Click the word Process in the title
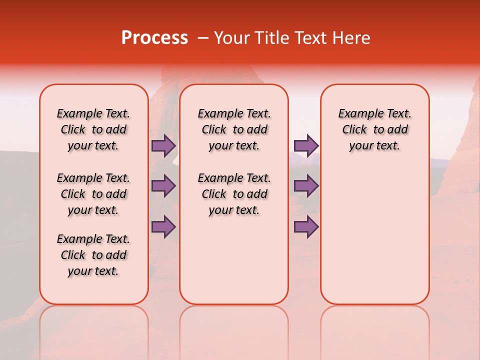(x=154, y=38)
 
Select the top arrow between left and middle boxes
(x=163, y=145)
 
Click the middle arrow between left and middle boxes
(x=163, y=186)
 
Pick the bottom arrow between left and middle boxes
(x=163, y=226)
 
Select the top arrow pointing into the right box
(x=306, y=145)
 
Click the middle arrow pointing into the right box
(x=306, y=186)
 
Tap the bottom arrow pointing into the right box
(x=306, y=226)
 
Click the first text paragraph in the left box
(x=93, y=129)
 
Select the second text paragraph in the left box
(x=93, y=194)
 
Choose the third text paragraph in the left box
(x=93, y=255)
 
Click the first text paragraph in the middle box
(x=234, y=129)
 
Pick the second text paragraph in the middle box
(x=234, y=194)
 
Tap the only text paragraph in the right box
(x=374, y=129)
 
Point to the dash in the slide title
(x=203, y=38)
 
